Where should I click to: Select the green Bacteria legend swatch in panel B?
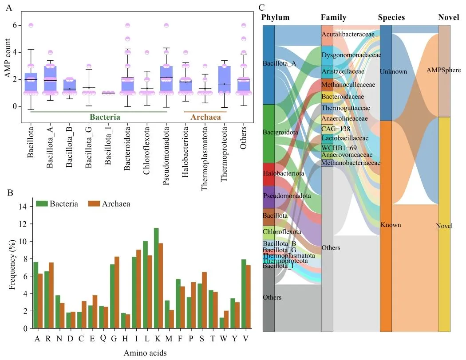coord(41,203)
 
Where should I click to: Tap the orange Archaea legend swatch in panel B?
coord(95,203)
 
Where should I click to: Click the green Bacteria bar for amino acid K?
coord(156,278)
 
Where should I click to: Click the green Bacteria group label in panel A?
coord(105,117)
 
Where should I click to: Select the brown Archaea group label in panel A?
coord(205,117)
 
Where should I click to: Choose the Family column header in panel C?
coord(333,18)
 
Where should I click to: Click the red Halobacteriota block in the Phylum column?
coord(269,174)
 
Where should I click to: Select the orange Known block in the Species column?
coord(386,226)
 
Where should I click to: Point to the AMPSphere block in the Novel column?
coord(444,71)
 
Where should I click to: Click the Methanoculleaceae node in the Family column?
coord(328,85)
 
